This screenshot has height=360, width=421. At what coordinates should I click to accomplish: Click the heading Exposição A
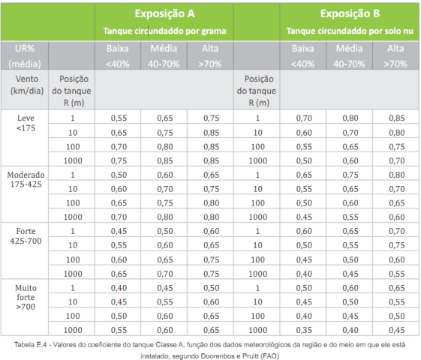(x=164, y=13)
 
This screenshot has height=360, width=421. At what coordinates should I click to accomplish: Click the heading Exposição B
(x=350, y=13)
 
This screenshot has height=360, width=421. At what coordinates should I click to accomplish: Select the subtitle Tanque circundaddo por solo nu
(x=350, y=31)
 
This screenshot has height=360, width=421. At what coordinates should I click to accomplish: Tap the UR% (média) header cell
(x=25, y=56)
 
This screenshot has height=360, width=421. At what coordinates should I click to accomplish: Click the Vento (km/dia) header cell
(x=26, y=85)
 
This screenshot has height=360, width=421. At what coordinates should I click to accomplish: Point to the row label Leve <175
(x=26, y=123)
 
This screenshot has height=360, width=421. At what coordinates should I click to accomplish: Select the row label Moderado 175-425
(x=26, y=179)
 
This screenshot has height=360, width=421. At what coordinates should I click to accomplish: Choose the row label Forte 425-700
(x=26, y=236)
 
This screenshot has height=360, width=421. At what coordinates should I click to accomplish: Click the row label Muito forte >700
(x=26, y=297)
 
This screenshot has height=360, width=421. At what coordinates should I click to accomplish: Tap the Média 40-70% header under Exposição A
(x=164, y=56)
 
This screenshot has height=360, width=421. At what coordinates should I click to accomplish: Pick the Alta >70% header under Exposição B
(x=395, y=56)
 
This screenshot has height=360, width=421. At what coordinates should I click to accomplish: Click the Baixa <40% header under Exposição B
(x=303, y=56)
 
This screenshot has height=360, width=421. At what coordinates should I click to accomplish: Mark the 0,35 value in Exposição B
(x=304, y=330)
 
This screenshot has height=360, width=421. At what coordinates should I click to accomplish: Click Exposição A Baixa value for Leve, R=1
(x=119, y=118)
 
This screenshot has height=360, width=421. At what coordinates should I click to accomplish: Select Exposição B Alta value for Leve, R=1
(x=396, y=118)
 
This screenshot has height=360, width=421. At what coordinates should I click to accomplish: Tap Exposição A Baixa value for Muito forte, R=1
(x=119, y=288)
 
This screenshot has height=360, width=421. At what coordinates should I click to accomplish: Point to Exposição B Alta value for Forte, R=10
(x=396, y=245)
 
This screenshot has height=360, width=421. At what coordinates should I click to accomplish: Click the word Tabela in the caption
(x=24, y=345)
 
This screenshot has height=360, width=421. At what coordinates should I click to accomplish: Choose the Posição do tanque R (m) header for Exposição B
(x=257, y=91)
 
